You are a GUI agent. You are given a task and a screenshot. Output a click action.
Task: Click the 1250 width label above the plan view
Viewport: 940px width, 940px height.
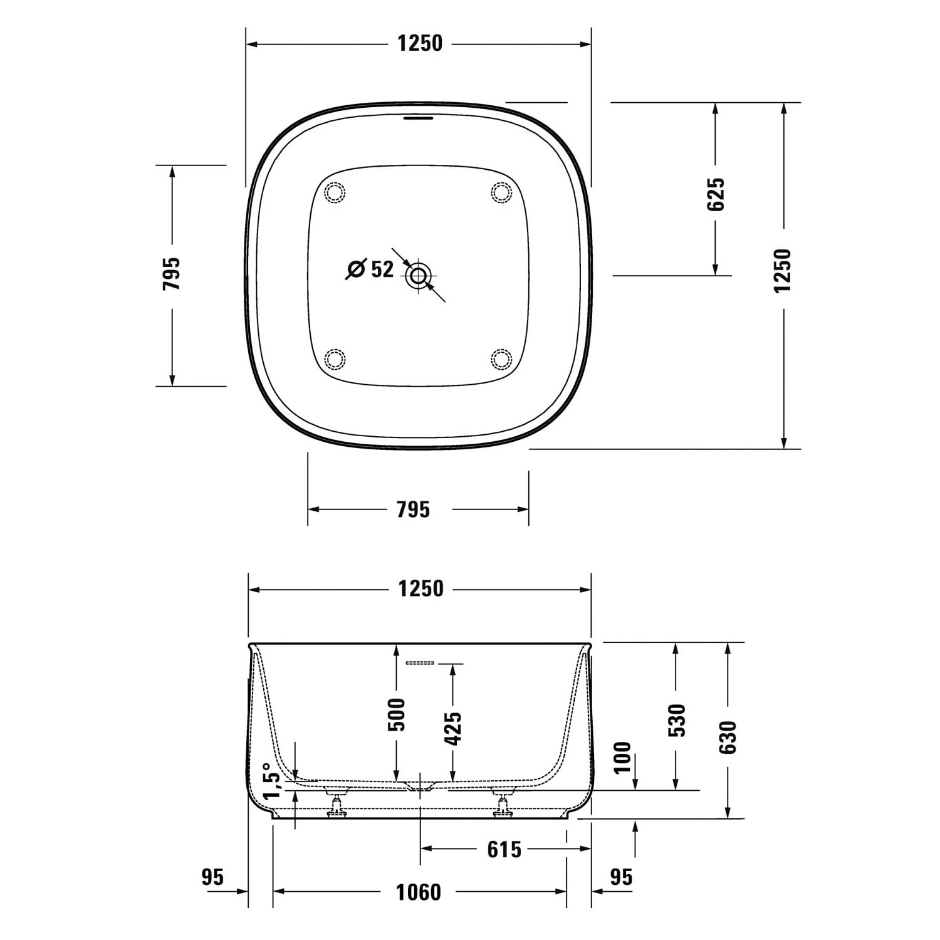click(419, 43)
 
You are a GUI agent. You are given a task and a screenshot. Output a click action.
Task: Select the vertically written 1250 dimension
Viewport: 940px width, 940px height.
click(783, 270)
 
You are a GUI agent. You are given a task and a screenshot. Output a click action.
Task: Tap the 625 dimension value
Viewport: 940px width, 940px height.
click(716, 194)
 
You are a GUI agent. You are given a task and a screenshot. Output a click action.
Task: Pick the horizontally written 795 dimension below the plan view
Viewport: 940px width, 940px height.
click(413, 509)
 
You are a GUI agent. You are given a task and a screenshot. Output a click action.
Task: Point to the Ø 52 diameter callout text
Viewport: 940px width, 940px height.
click(371, 269)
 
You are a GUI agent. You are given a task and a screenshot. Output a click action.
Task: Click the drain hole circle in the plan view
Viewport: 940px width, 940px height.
click(418, 275)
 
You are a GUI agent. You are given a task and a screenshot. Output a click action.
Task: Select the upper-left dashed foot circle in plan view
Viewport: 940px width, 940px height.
click(335, 192)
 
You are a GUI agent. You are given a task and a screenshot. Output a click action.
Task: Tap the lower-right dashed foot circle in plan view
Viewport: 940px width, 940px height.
click(501, 359)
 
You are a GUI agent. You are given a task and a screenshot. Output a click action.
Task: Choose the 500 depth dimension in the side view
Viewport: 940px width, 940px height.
click(397, 714)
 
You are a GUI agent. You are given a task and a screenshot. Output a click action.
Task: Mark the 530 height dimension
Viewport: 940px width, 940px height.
click(676, 720)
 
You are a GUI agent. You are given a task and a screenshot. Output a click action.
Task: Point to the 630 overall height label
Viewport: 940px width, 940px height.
click(728, 737)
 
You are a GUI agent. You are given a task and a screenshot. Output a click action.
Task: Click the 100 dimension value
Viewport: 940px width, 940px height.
click(622, 757)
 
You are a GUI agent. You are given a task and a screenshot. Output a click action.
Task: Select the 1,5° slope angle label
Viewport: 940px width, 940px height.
click(269, 781)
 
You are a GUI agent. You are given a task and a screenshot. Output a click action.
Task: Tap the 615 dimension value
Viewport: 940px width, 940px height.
click(504, 850)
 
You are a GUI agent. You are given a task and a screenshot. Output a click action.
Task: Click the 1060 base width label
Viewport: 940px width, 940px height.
click(419, 892)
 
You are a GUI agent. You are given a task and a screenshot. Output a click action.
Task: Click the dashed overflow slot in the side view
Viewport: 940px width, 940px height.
click(420, 662)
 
